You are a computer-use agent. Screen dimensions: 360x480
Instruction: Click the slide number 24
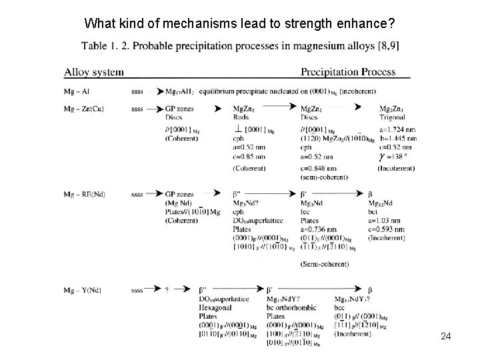tap(446, 337)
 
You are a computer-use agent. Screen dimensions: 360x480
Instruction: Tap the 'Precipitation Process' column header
tap(348, 71)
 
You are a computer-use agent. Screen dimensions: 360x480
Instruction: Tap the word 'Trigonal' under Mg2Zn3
tap(394, 117)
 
